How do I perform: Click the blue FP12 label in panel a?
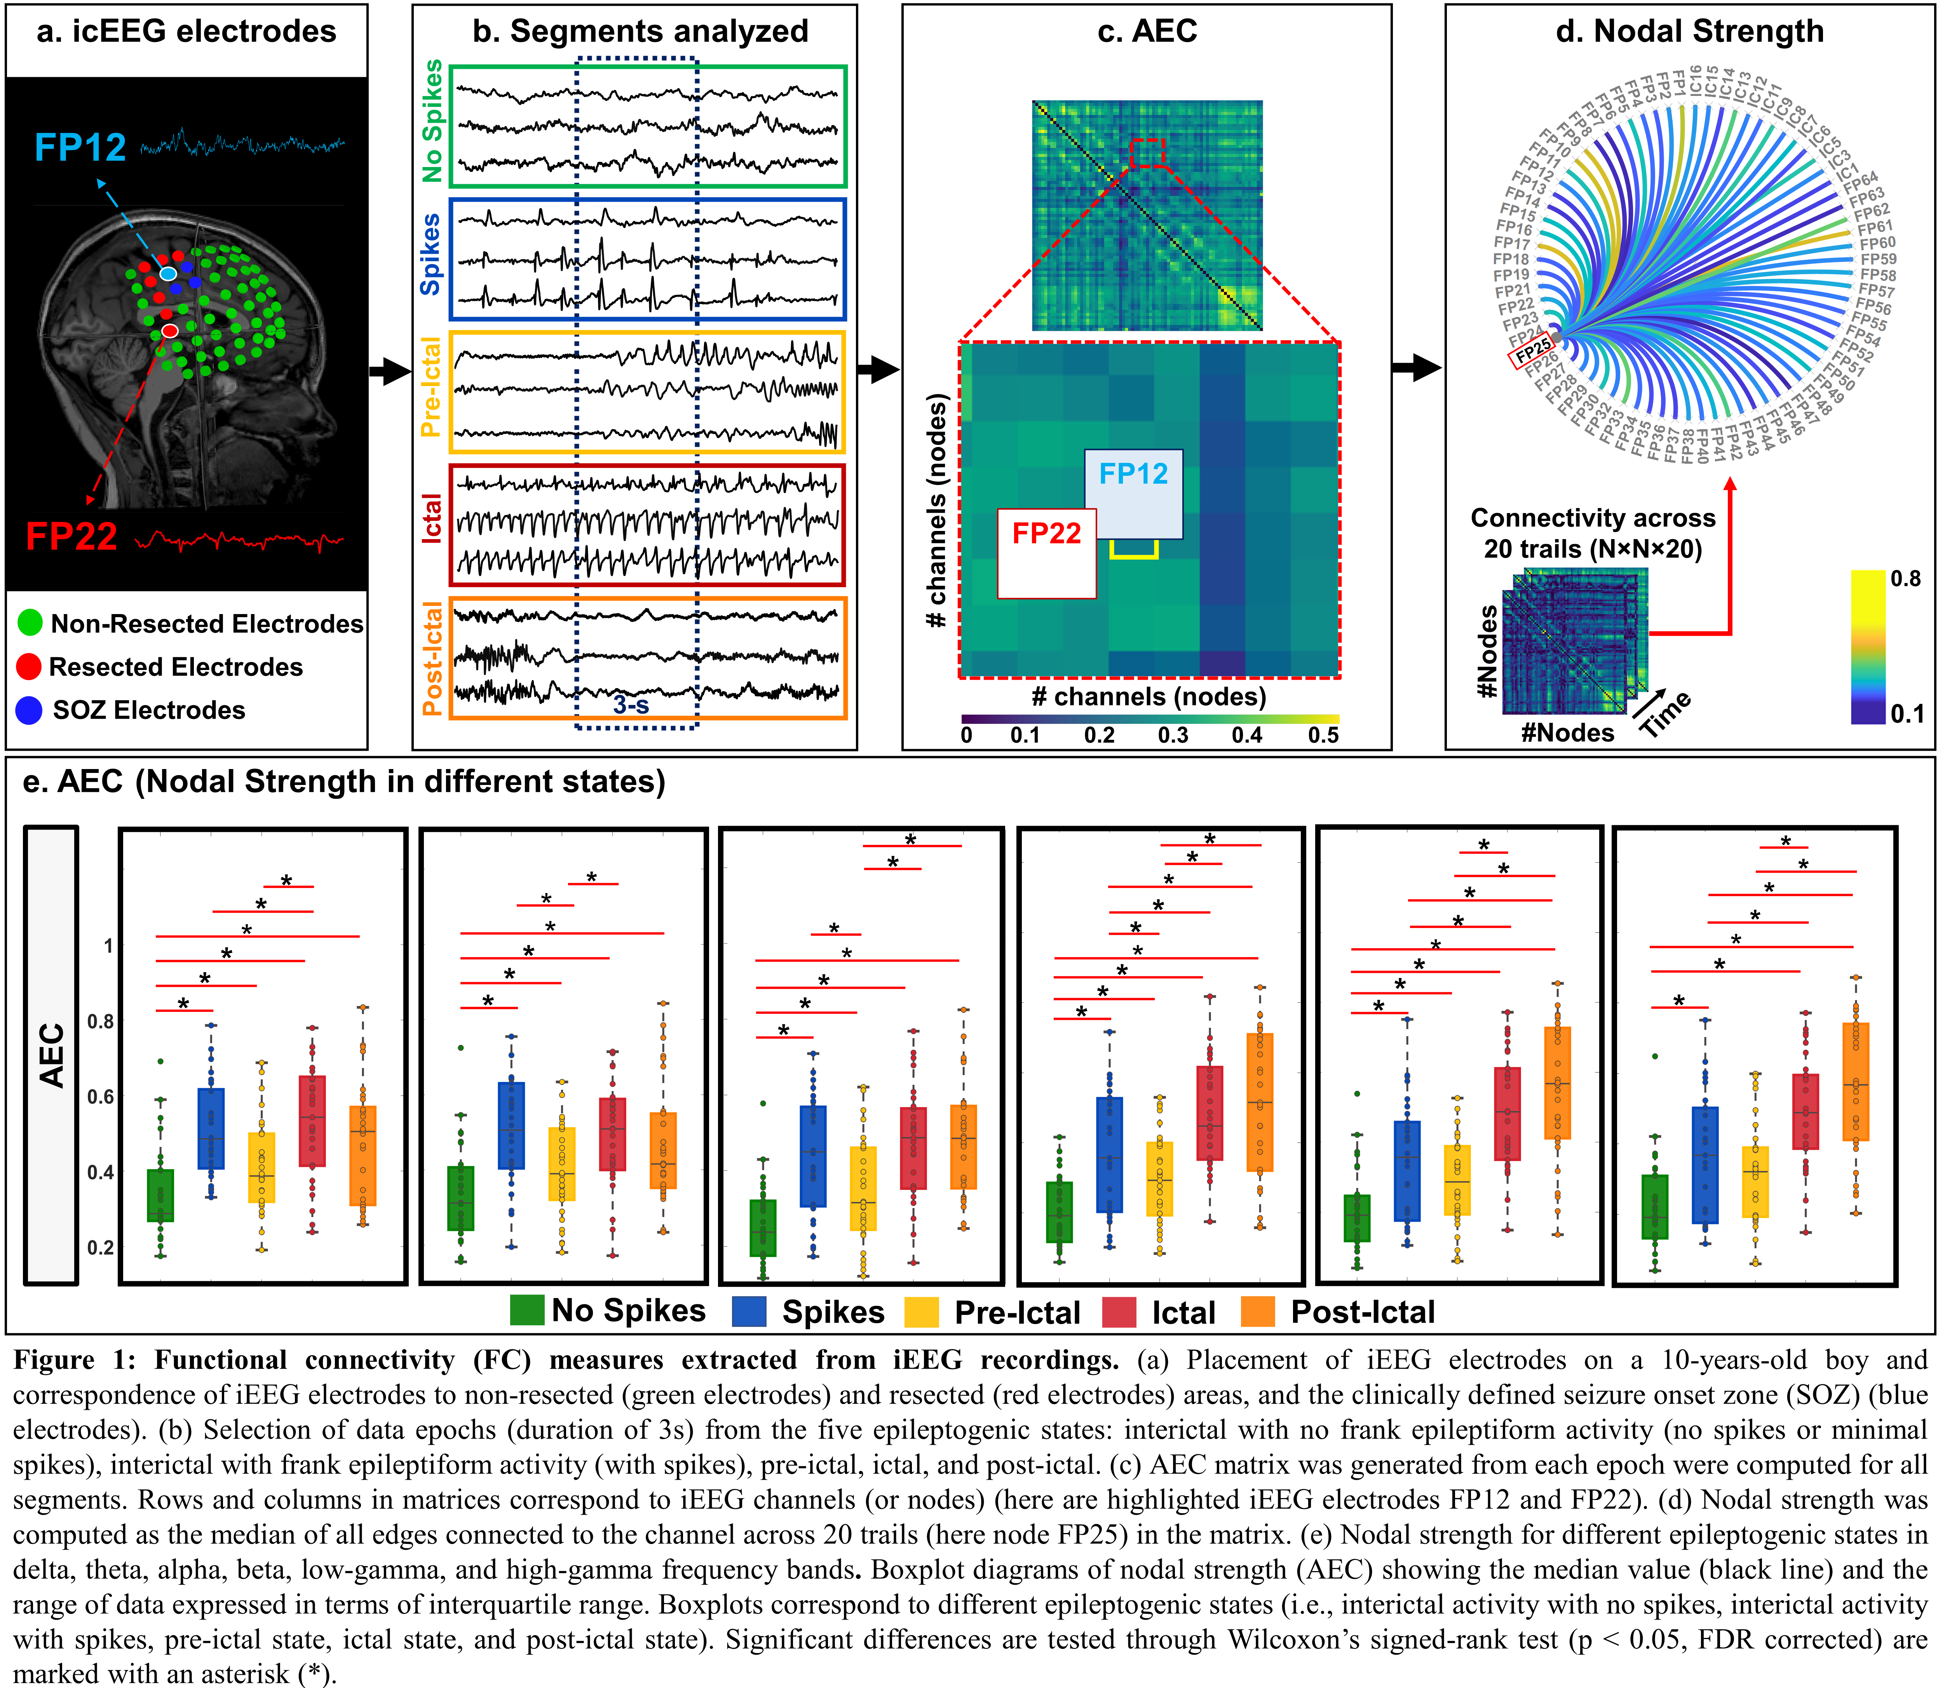tap(80, 148)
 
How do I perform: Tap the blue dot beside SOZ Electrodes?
tap(29, 710)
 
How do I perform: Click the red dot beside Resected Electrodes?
tap(29, 667)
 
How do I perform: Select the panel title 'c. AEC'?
tap(1147, 31)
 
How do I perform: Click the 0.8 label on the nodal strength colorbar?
tap(1905, 578)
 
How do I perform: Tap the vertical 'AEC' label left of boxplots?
tap(52, 1055)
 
